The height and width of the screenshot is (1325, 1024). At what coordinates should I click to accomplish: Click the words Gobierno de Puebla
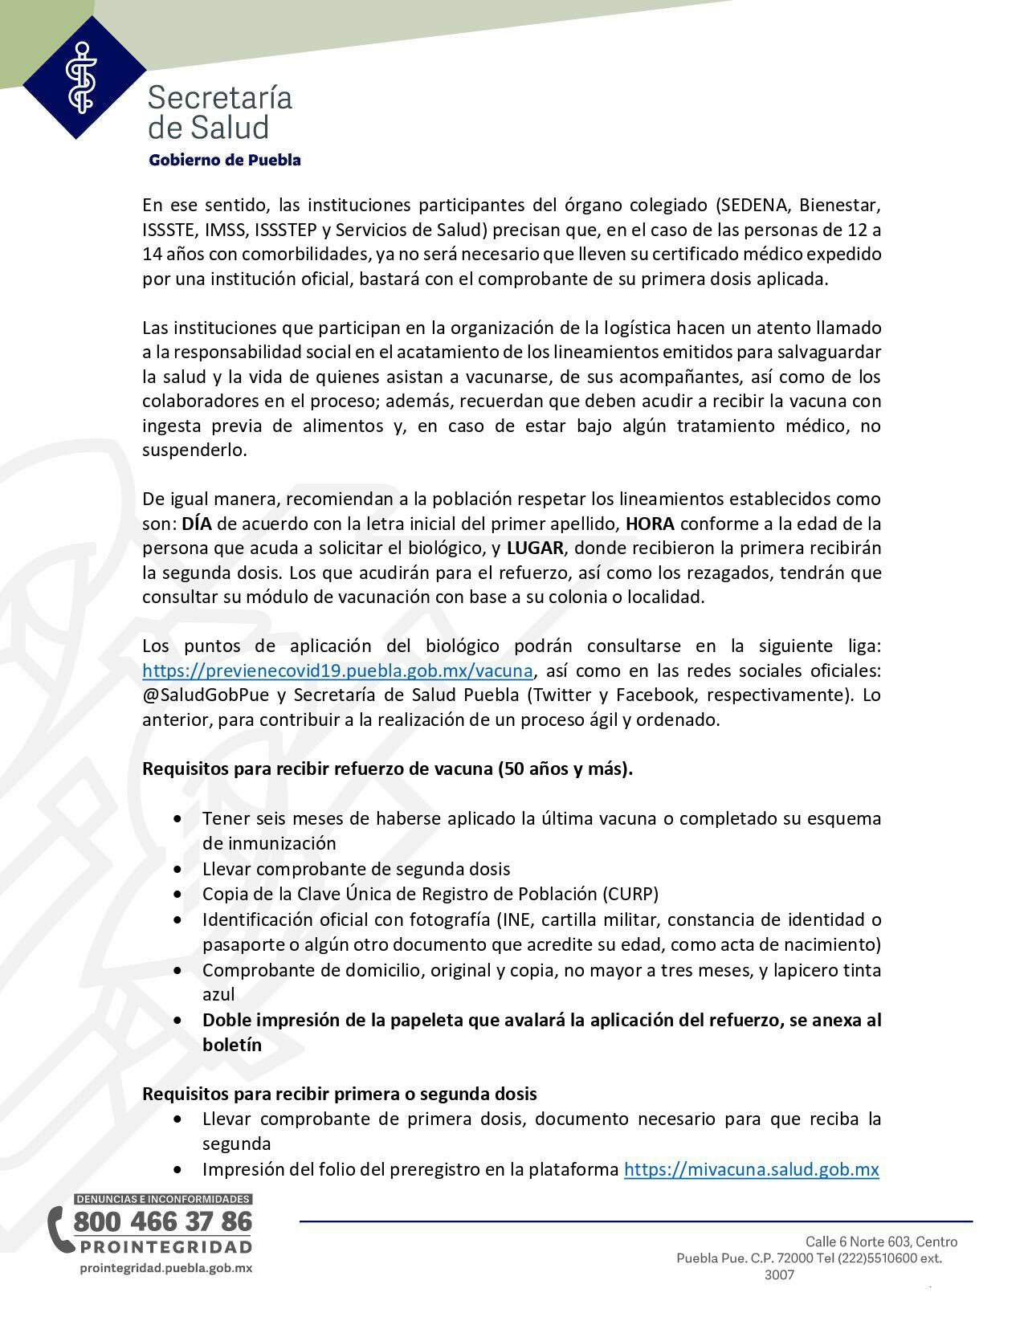click(x=225, y=160)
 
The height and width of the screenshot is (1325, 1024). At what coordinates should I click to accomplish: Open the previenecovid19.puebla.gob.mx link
click(x=337, y=671)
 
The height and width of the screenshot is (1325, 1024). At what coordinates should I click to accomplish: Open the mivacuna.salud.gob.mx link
click(x=751, y=1169)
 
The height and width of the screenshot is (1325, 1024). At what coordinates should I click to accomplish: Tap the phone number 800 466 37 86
click(x=163, y=1221)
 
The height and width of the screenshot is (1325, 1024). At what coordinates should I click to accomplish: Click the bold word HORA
click(x=650, y=524)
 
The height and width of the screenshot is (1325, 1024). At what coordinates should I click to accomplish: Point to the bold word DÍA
click(x=197, y=524)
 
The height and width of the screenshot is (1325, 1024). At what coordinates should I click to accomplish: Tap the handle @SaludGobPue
click(x=205, y=695)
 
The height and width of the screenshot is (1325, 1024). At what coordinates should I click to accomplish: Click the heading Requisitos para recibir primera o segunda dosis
click(x=340, y=1094)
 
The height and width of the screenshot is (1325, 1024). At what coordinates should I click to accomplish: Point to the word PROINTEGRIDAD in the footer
click(x=165, y=1247)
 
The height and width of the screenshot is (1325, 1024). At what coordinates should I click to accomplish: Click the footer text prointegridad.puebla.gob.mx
click(x=166, y=1268)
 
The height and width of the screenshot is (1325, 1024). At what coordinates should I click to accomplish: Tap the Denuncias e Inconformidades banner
click(x=163, y=1199)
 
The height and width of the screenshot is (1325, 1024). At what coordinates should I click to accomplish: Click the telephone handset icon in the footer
click(x=58, y=1229)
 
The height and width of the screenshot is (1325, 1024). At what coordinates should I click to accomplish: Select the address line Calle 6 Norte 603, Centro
click(x=881, y=1241)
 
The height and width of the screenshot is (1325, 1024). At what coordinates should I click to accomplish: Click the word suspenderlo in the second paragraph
click(x=194, y=450)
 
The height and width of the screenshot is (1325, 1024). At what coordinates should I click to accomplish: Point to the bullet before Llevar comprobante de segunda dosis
click(x=177, y=869)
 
